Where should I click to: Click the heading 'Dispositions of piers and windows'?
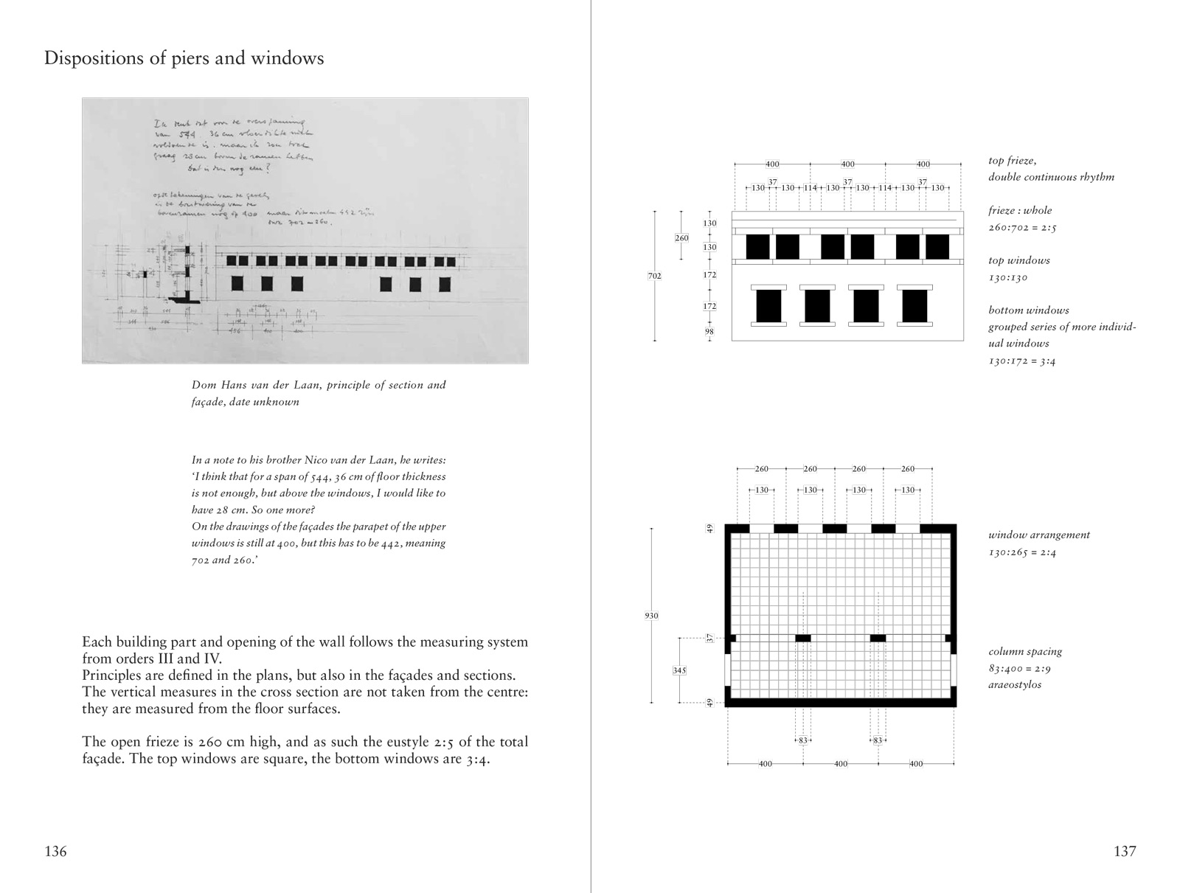[184, 58]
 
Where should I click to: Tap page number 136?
[55, 852]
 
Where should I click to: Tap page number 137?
[1125, 852]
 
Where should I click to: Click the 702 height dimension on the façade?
[654, 276]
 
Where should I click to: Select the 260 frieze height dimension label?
[681, 238]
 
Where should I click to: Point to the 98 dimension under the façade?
[709, 332]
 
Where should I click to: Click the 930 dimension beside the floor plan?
[651, 616]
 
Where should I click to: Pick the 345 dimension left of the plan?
[679, 670]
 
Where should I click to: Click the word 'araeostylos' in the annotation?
[1015, 684]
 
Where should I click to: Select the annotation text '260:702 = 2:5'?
[1022, 227]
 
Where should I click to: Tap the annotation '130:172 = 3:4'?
[1021, 361]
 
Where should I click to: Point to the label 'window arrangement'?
[1038, 535]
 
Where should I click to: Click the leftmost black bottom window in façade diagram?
[768, 305]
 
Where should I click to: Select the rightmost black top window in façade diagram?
[937, 246]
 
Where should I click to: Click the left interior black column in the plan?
[802, 638]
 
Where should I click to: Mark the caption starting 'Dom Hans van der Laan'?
[319, 393]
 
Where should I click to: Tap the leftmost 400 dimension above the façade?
[772, 164]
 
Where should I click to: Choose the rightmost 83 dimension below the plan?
[878, 740]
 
